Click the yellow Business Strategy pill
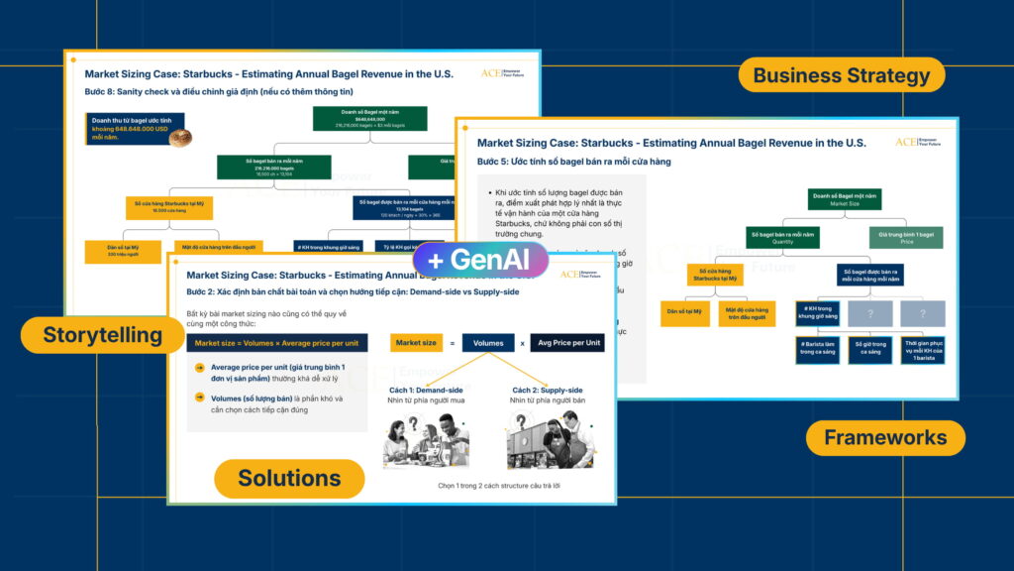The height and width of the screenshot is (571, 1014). point(841,75)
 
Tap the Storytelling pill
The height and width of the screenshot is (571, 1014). point(102,335)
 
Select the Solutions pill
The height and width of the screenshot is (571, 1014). point(289,478)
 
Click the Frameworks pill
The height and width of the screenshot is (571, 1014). point(884,437)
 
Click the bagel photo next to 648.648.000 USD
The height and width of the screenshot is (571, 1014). point(179,138)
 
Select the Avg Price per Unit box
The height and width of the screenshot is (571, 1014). point(567,343)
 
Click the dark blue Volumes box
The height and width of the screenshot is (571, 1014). point(488,343)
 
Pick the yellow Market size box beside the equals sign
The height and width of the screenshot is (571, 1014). point(415,343)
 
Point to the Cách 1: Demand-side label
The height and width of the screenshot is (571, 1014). point(426,390)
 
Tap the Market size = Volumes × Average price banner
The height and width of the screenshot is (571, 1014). point(278,343)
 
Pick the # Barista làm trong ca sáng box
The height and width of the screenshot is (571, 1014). point(818,350)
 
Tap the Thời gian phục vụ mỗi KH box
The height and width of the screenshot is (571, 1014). point(923,350)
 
